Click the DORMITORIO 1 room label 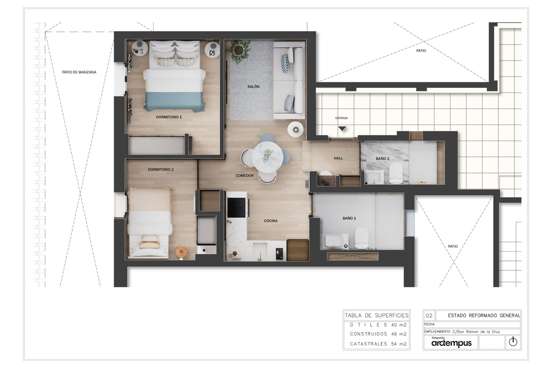[169, 117]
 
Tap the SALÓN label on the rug [253, 86]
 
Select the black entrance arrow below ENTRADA [342, 128]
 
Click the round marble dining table [267, 156]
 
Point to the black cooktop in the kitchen [236, 207]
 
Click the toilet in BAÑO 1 [361, 238]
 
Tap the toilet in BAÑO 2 [396, 173]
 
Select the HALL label [338, 158]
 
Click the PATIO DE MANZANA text [79, 72]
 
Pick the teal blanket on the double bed [174, 102]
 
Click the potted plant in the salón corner [238, 50]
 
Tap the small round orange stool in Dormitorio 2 [181, 252]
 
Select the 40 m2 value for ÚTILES [399, 325]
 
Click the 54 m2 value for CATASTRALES [399, 344]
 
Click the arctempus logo [452, 343]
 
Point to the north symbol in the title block [513, 342]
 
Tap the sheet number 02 [429, 316]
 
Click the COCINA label [270, 221]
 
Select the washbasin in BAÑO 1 [334, 241]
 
